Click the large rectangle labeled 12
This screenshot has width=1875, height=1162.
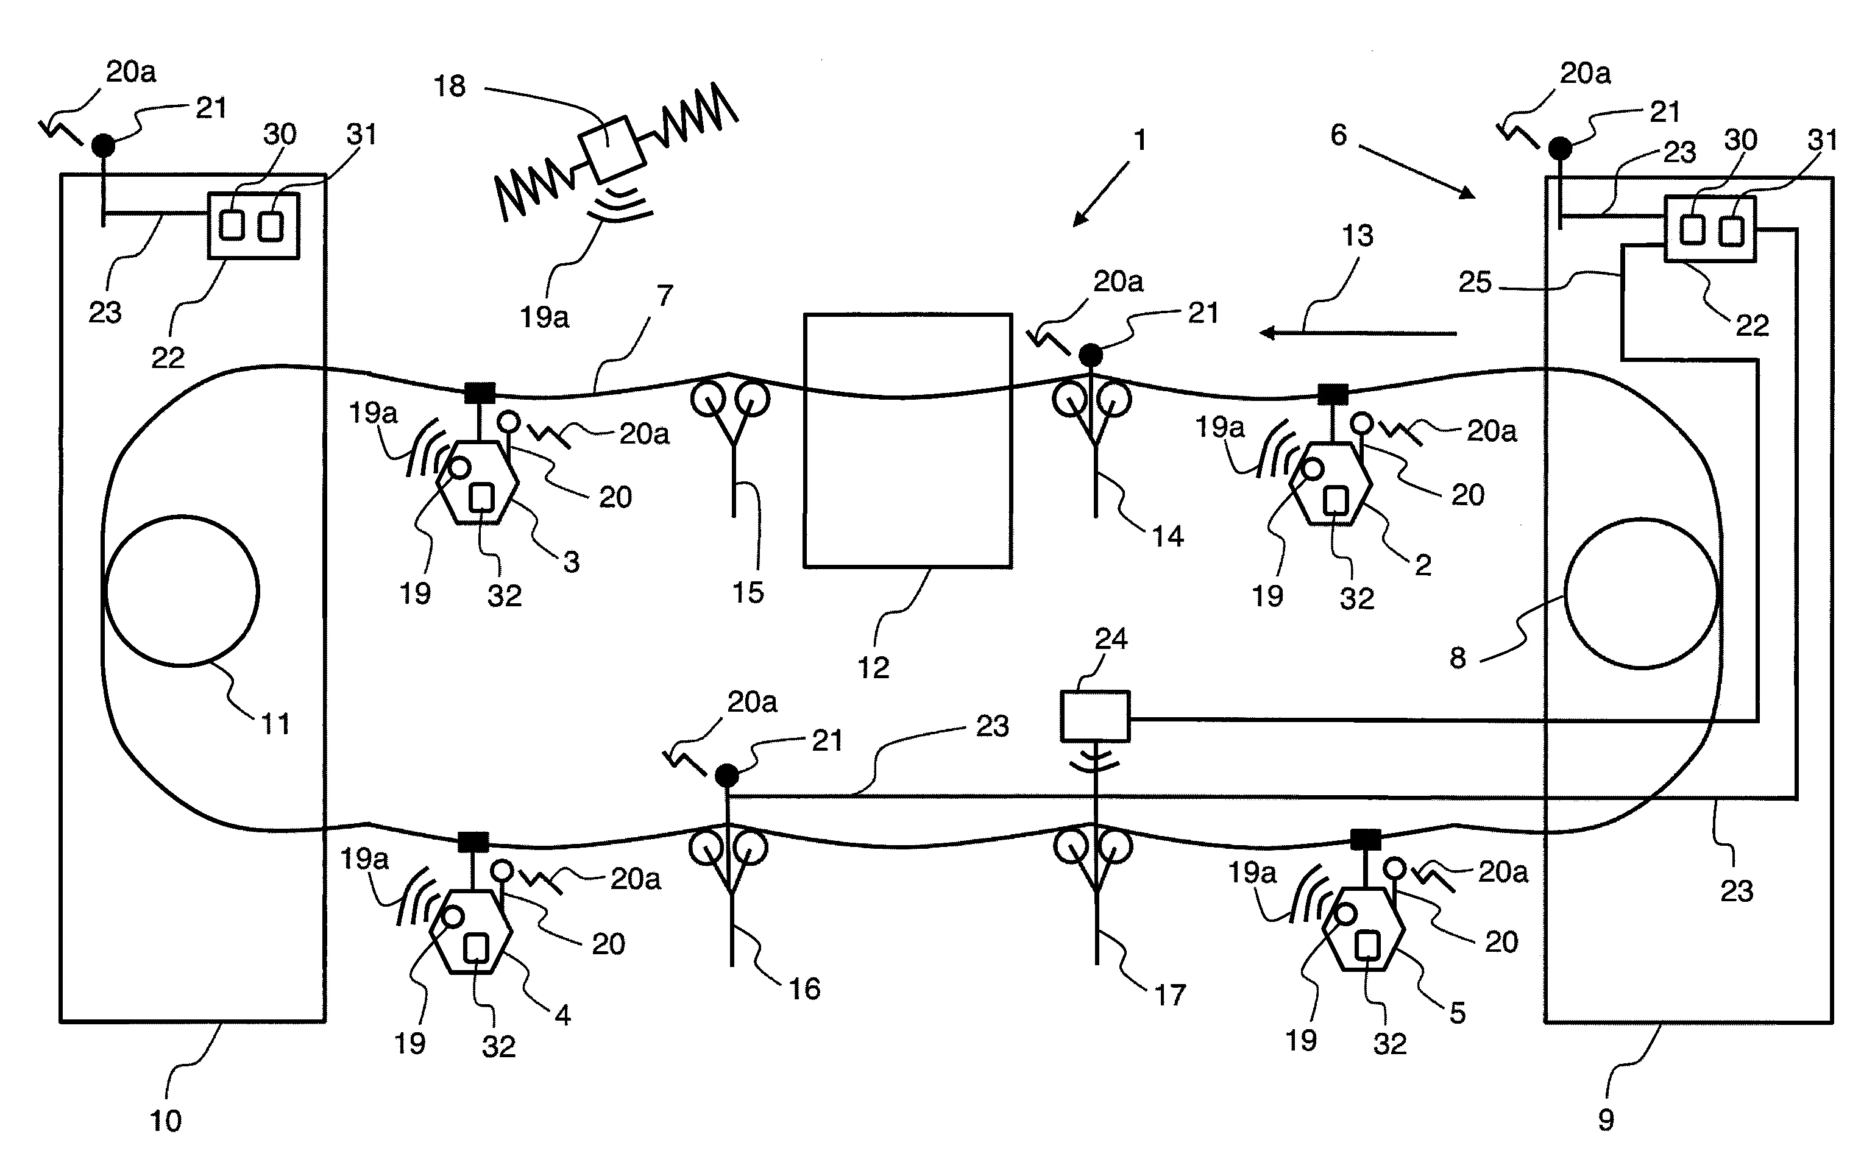[907, 441]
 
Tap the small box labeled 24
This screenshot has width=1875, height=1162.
[1095, 716]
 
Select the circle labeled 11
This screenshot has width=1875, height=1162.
[182, 590]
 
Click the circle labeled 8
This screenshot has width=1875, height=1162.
[1640, 593]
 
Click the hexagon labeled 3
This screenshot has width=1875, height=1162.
[477, 483]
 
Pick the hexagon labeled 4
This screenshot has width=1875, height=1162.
[471, 932]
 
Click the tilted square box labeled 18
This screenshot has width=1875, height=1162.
[612, 147]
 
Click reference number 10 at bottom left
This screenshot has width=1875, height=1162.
[166, 1121]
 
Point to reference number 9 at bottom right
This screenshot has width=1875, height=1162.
[1606, 1120]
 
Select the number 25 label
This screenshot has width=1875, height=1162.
[1475, 282]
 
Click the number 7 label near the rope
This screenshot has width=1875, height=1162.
[665, 295]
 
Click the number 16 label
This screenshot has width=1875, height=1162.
[804, 988]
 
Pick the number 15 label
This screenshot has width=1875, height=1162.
[748, 592]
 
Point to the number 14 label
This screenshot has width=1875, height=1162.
[1168, 536]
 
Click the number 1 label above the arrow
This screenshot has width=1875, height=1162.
[1140, 140]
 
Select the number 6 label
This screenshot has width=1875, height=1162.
[1339, 135]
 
